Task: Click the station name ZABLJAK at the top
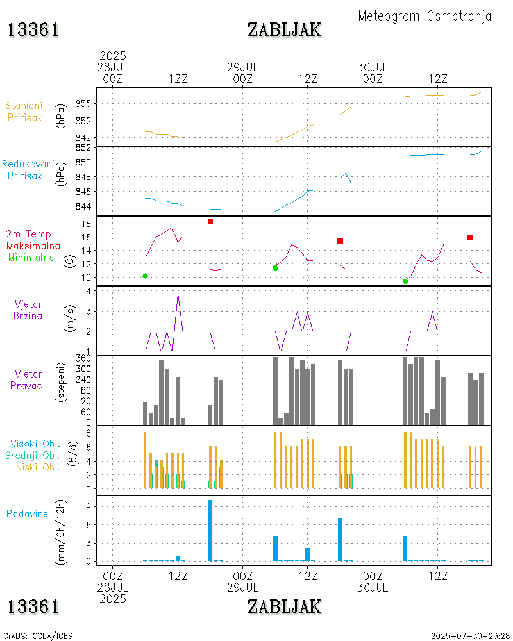[x=284, y=29]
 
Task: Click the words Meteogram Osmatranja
[x=425, y=16]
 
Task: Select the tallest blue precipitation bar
[x=210, y=530]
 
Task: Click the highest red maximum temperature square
[x=210, y=221]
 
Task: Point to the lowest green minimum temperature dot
[x=405, y=281]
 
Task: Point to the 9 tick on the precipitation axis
[x=91, y=506]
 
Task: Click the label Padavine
[x=27, y=513]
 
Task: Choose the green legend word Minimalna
[x=31, y=258]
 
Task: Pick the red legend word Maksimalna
[x=33, y=246]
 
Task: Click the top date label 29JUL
[x=243, y=67]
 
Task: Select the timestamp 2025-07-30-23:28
[x=471, y=636]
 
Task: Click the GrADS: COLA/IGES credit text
[x=38, y=636]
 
